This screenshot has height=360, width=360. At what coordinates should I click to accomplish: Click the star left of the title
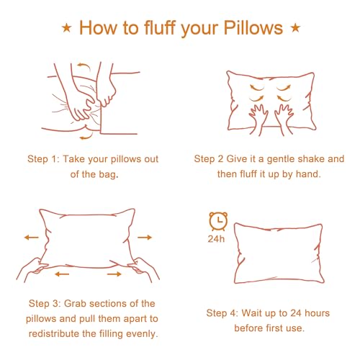point(67,28)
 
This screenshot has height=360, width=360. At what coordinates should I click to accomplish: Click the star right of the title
point(295,28)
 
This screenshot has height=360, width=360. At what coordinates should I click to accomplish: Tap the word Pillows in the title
point(253,28)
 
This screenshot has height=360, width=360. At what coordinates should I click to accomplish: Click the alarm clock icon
point(218,221)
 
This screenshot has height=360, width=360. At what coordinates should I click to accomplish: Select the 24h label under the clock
point(216,239)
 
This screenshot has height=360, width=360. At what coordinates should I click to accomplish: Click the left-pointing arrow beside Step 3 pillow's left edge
point(32,238)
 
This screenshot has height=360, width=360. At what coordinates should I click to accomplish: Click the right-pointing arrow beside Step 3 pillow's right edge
point(145,238)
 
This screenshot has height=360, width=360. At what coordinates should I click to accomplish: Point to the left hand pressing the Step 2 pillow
point(259,120)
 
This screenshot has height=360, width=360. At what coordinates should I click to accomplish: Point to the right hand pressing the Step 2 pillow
point(284,119)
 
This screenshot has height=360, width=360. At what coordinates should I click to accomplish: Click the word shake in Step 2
point(311,159)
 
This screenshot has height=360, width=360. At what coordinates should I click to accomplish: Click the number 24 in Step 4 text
point(296,313)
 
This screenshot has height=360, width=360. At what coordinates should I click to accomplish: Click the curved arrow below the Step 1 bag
point(86,136)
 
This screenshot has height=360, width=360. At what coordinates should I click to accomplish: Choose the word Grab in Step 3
point(75,304)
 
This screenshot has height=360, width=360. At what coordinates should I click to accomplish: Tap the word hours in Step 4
point(317,313)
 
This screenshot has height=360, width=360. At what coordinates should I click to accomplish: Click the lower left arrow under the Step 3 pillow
point(62,274)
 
